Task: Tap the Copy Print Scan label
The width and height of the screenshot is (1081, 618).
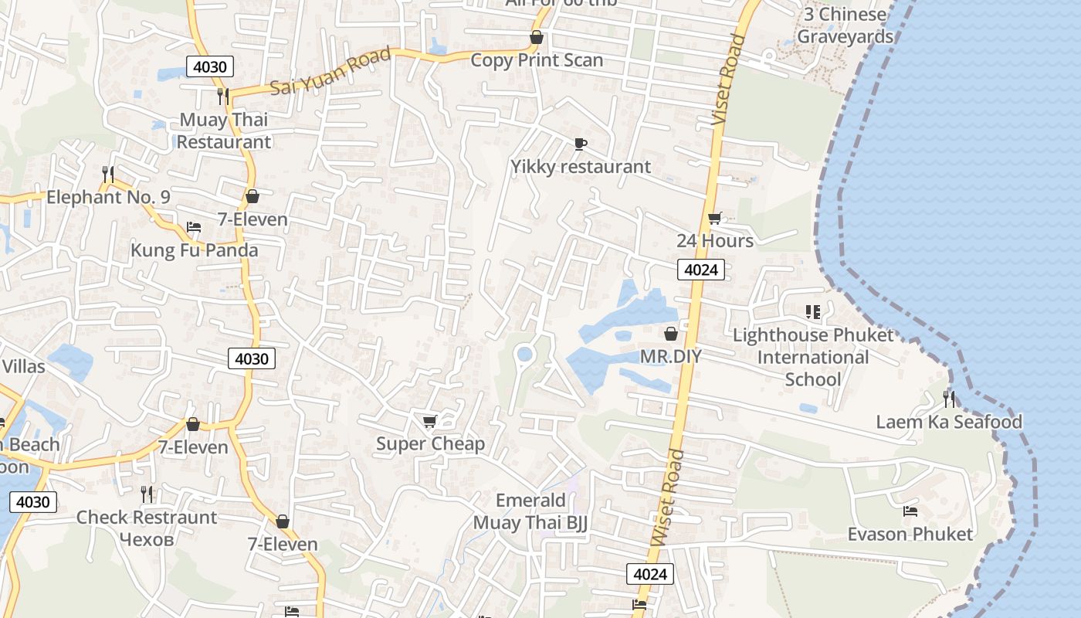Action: point(537,60)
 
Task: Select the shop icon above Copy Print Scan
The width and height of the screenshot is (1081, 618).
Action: point(537,37)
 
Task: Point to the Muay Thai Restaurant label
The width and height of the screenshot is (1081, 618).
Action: point(224,131)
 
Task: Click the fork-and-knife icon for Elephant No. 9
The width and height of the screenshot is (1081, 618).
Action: point(108,175)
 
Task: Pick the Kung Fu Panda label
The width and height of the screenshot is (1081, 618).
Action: point(194,250)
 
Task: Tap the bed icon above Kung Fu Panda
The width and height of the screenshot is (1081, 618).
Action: point(194,227)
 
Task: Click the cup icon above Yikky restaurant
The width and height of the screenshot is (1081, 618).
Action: point(581,144)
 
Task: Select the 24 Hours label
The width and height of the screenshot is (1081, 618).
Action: point(715,241)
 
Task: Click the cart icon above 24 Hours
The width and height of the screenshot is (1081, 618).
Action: point(715,219)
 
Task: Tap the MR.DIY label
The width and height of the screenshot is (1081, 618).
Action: point(671,356)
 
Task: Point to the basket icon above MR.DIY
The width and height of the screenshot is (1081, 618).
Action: point(671,334)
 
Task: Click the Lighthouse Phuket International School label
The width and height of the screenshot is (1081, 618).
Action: point(813,357)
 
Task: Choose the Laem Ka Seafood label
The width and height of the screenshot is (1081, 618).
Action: point(949,422)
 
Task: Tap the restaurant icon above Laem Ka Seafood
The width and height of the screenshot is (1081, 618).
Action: point(949,399)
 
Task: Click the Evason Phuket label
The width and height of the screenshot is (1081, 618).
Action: point(910,534)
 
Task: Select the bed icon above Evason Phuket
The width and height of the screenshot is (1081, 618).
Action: point(910,511)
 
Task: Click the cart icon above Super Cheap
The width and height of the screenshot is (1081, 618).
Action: point(430,421)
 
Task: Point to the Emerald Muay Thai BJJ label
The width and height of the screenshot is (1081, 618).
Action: point(530,511)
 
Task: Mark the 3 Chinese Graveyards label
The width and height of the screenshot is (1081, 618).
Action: point(845,25)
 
